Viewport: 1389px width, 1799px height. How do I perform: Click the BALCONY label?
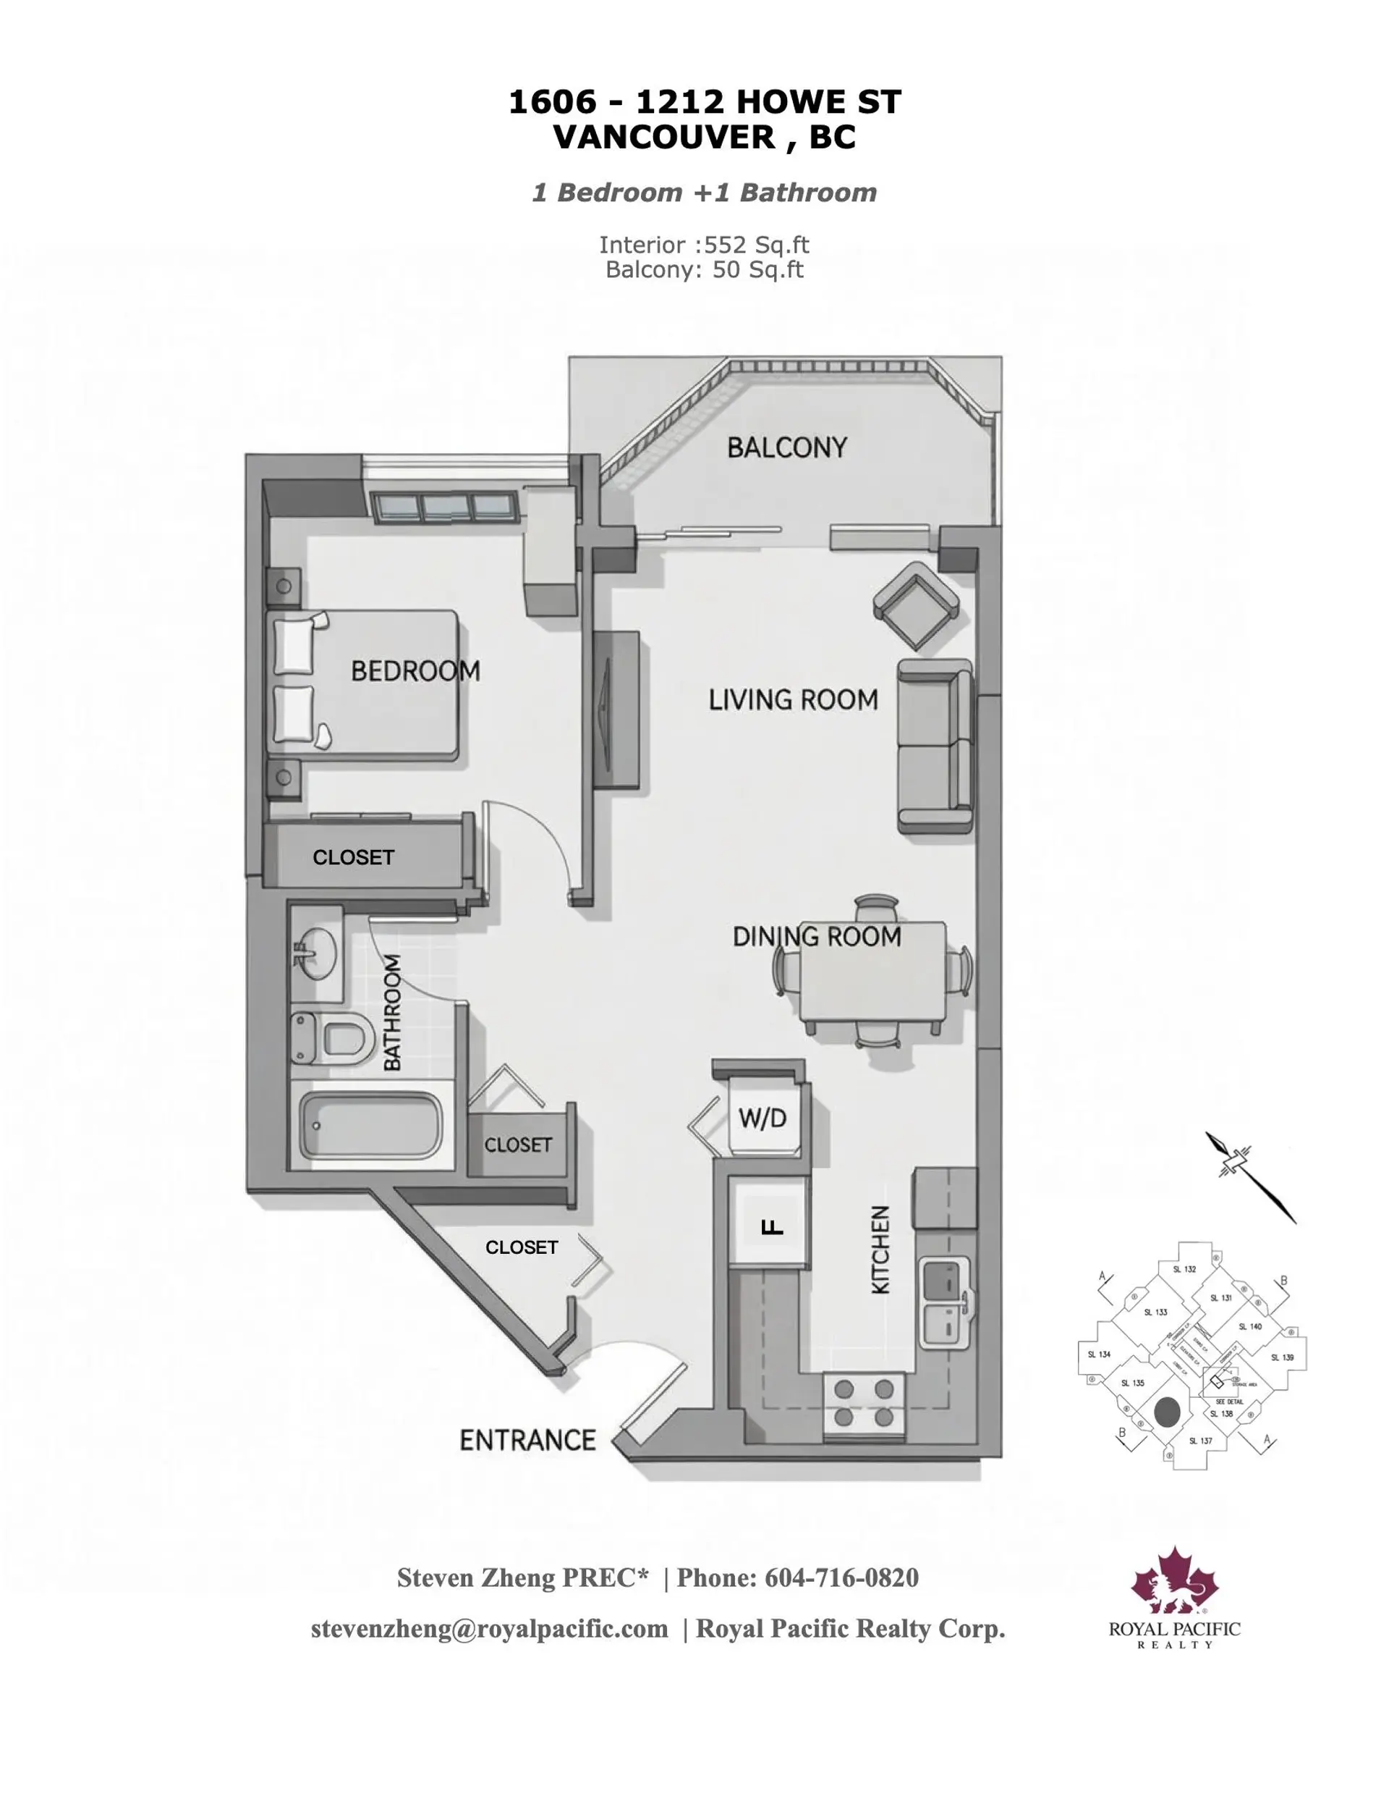click(x=786, y=447)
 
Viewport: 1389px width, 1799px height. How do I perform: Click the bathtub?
click(x=370, y=1125)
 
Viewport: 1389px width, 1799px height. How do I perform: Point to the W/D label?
click(x=762, y=1118)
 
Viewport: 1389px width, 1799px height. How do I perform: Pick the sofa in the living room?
click(x=934, y=746)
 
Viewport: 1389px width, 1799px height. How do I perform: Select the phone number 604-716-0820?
click(x=841, y=1577)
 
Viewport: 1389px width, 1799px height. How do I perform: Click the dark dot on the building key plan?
click(x=1167, y=1412)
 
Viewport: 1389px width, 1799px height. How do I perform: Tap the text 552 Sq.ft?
click(x=757, y=245)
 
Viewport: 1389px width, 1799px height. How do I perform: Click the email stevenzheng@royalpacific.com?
click(x=489, y=1627)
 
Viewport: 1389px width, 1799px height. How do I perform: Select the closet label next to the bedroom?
click(x=353, y=857)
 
